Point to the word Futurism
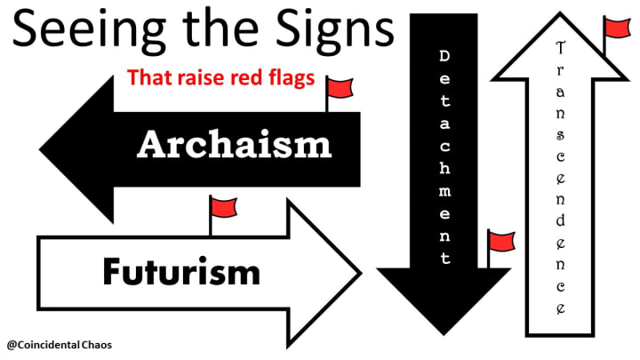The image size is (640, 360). pyautogui.click(x=180, y=269)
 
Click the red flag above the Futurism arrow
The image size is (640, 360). pyautogui.click(x=223, y=207)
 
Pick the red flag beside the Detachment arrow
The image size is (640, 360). pyautogui.click(x=500, y=241)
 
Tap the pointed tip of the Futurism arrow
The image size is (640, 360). pyautogui.click(x=359, y=266)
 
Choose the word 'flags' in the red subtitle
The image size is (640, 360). pyautogui.click(x=289, y=77)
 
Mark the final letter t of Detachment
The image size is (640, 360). pyautogui.click(x=445, y=260)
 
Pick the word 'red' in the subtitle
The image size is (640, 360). pyautogui.click(x=246, y=77)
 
